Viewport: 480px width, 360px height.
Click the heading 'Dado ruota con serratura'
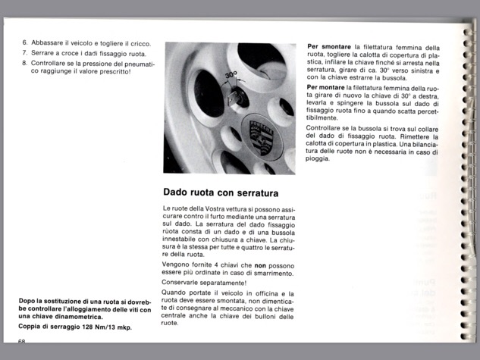(221, 193)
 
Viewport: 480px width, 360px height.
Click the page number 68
(22, 342)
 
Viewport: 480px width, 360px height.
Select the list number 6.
(24, 43)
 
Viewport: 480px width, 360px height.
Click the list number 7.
(24, 53)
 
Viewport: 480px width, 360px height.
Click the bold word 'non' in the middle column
(259, 265)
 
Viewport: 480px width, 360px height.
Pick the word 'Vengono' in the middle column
(177, 265)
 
